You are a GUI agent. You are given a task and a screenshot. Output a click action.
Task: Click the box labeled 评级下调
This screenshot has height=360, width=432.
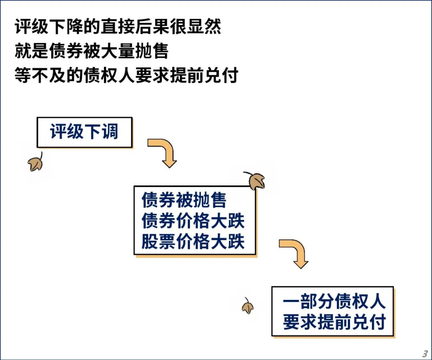tap(84, 132)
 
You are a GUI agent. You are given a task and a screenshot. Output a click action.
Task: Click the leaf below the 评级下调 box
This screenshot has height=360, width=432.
tap(36, 162)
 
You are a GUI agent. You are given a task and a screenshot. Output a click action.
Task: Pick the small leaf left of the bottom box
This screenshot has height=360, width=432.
tap(248, 306)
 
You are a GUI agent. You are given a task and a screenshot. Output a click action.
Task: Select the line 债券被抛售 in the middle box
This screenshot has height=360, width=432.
tap(184, 200)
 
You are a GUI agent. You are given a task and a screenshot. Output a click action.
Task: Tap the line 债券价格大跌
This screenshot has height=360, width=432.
tap(193, 221)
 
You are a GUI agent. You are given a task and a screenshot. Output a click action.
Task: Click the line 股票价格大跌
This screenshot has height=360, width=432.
tap(193, 241)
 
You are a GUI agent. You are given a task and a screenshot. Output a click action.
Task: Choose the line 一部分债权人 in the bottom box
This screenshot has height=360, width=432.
tap(334, 301)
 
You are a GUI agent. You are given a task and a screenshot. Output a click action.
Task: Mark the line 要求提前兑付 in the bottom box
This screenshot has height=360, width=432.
tap(334, 322)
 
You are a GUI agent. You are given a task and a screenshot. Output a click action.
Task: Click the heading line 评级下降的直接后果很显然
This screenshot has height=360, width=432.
tap(118, 26)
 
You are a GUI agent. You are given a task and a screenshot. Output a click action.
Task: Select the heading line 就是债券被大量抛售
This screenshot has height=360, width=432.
tap(92, 51)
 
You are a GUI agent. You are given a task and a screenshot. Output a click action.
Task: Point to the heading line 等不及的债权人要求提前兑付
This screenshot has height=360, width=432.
tap(126, 75)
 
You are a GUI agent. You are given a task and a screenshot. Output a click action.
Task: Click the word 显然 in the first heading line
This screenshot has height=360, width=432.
tap(204, 26)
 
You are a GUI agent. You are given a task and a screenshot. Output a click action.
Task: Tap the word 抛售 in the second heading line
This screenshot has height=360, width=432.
tap(152, 51)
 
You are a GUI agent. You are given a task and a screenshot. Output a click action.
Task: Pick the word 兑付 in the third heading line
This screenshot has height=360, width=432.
tap(221, 75)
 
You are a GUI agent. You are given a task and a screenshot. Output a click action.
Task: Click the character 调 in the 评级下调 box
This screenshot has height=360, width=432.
tap(110, 131)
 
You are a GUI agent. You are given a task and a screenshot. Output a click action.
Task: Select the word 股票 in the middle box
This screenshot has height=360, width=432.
tap(158, 241)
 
